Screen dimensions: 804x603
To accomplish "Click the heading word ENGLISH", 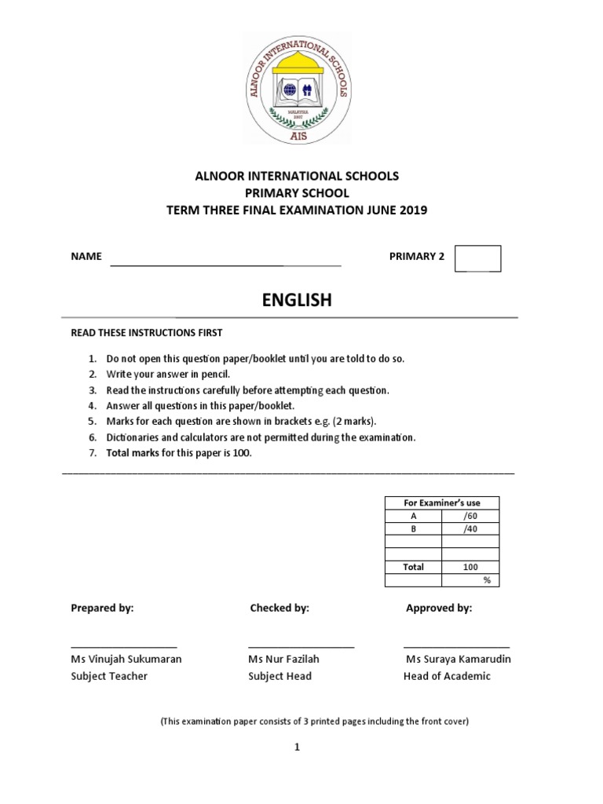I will click(297, 300).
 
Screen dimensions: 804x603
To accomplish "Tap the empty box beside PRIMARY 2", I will click(477, 258).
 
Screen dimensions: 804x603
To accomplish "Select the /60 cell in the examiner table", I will click(470, 516).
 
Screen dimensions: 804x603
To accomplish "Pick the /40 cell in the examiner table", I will click(470, 528).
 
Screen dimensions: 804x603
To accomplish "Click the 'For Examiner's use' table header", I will click(441, 502).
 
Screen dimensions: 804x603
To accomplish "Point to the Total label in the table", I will click(413, 567).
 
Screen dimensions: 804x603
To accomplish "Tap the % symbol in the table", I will click(486, 580).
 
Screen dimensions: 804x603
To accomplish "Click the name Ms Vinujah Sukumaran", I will click(126, 659).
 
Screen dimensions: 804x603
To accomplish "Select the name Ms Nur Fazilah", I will click(283, 659).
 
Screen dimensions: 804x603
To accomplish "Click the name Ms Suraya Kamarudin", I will click(459, 659).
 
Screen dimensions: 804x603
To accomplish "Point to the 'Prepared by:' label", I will click(102, 608).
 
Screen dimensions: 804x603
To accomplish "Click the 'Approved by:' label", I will click(439, 608).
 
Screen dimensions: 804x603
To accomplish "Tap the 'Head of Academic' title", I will click(447, 676).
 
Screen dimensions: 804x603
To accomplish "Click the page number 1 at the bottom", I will click(298, 748).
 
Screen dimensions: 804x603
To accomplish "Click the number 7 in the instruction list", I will click(91, 454).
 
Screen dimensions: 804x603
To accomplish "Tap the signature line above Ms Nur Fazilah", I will click(301, 645).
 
